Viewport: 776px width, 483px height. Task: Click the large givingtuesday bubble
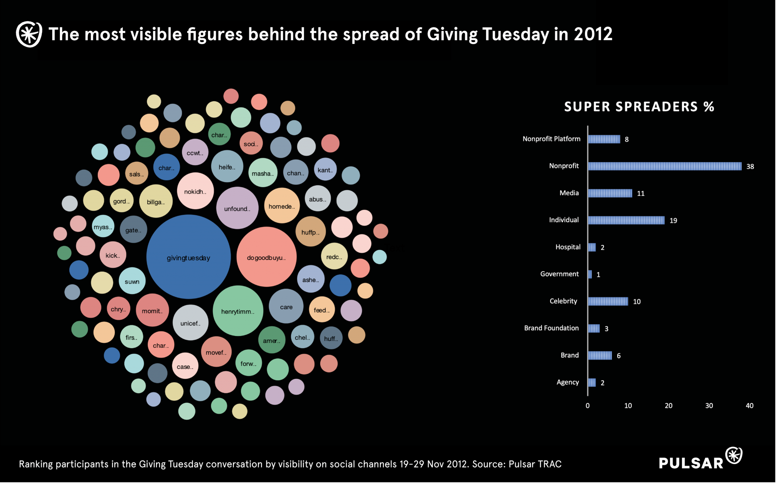(188, 257)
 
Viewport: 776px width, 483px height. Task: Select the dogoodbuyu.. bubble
(266, 257)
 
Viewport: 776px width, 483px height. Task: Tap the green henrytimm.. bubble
(238, 311)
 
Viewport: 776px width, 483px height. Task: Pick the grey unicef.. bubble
(190, 323)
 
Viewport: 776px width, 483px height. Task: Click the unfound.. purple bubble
(237, 208)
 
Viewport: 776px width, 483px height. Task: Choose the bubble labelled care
(286, 306)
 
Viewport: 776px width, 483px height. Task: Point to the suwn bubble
(132, 281)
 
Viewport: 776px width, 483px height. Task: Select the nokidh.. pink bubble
(195, 191)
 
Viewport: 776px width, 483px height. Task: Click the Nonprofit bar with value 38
(665, 166)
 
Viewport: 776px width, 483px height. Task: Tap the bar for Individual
(626, 220)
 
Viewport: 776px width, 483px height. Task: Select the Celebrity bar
(608, 302)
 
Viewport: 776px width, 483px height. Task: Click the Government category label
(559, 274)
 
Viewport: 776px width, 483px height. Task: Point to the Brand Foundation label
(551, 328)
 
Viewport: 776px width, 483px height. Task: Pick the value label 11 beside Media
(641, 194)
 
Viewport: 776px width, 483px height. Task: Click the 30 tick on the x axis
(709, 406)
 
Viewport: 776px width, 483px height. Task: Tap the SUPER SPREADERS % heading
(639, 107)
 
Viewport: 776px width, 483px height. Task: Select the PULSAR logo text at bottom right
(691, 463)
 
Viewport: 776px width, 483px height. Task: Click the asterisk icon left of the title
(29, 34)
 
